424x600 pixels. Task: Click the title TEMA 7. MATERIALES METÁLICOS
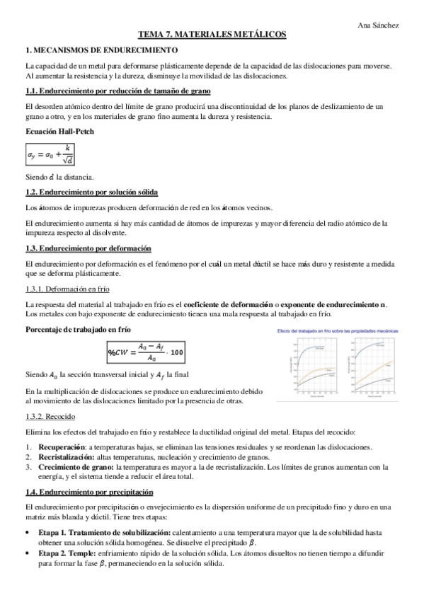tap(212, 35)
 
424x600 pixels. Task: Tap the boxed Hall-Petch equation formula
tap(50, 153)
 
